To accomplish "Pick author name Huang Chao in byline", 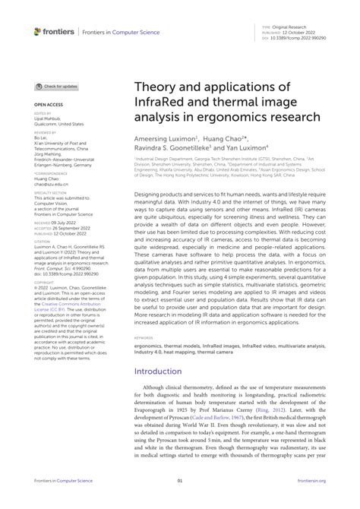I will click(228, 139).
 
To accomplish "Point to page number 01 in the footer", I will click(180, 502).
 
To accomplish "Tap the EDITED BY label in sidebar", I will click(43, 112).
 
